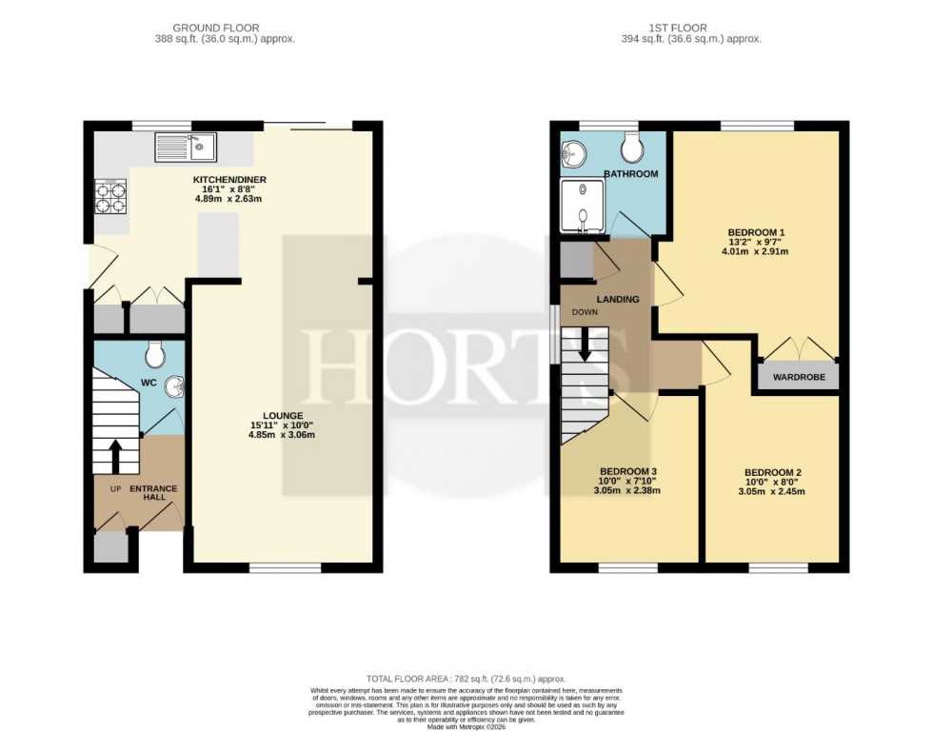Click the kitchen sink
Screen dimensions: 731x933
point(187,147)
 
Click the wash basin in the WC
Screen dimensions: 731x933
point(173,386)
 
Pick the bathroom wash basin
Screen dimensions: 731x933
point(573,153)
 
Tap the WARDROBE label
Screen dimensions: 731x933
point(798,377)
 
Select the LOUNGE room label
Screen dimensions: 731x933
point(284,415)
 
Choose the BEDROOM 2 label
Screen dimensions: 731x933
point(772,472)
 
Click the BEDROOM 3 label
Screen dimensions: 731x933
point(627,471)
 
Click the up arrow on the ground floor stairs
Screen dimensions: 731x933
point(116,455)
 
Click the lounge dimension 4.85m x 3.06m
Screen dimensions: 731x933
point(284,435)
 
